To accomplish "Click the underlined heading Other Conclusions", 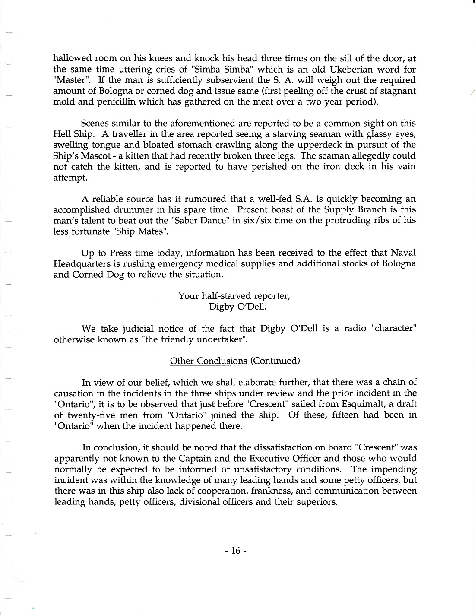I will pyautogui.click(x=209, y=361).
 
